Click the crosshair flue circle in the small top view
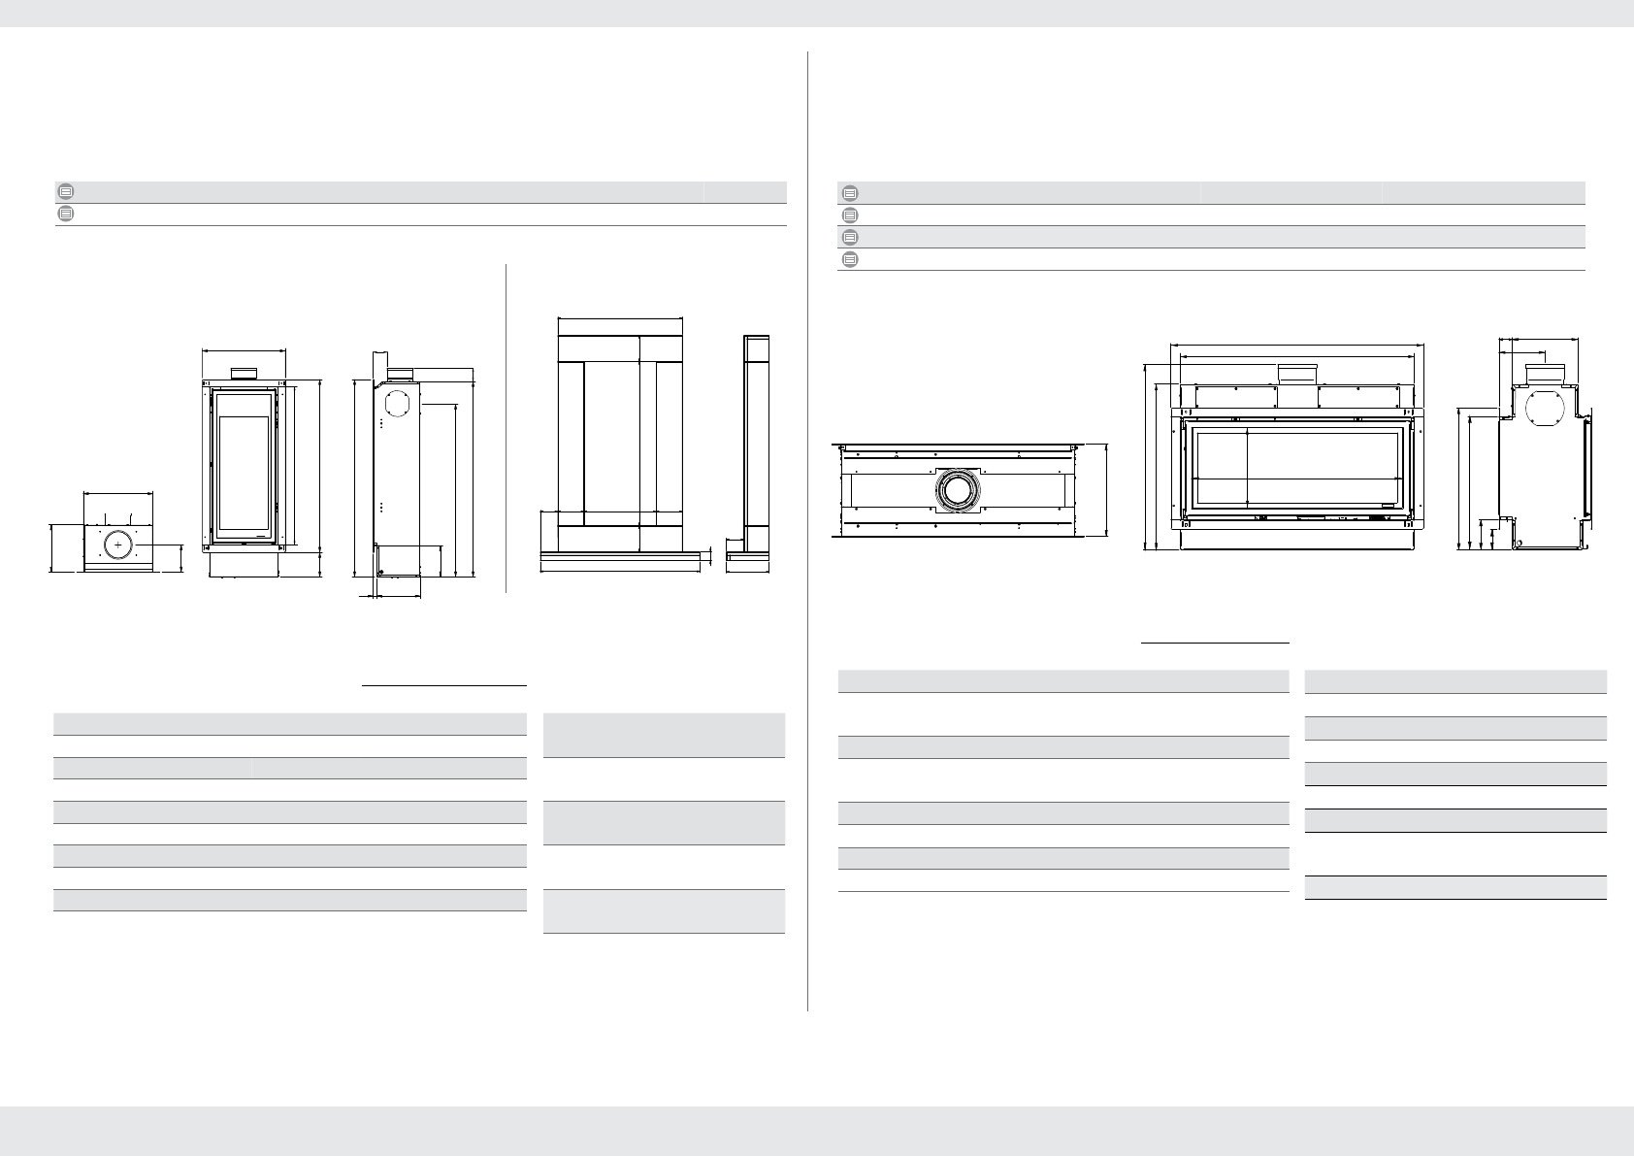[x=118, y=547]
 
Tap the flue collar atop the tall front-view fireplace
[x=244, y=374]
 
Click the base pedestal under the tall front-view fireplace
[x=244, y=564]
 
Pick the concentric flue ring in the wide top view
[x=958, y=491]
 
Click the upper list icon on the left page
[x=65, y=191]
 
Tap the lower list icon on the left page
[x=65, y=214]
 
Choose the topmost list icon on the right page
[x=849, y=192]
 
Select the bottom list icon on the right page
[x=849, y=259]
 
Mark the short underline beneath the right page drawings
[x=1215, y=643]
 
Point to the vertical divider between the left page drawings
[x=507, y=427]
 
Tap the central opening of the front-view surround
[x=611, y=437]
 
